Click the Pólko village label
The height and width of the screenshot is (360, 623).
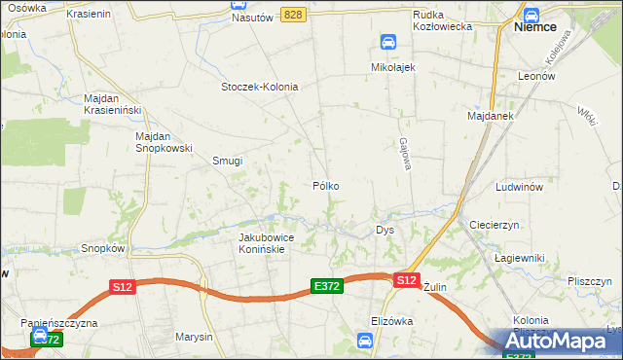tap(325, 185)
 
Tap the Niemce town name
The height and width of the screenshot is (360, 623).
tap(534, 27)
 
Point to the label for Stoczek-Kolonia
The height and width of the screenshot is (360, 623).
tap(259, 87)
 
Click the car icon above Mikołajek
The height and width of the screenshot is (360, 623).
tap(388, 42)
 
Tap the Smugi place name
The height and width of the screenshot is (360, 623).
tap(227, 162)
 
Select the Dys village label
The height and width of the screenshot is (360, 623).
tap(385, 231)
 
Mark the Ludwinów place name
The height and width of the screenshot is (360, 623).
tap(518, 186)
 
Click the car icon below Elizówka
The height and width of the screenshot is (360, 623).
tap(364, 340)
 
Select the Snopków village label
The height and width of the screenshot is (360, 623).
tap(104, 248)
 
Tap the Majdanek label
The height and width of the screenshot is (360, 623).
tap(490, 116)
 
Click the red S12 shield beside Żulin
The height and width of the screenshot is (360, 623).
tap(407, 280)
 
